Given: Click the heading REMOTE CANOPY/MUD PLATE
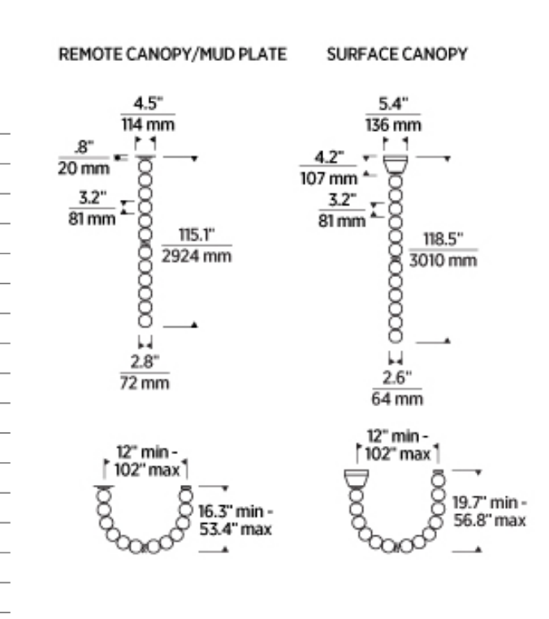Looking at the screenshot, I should [x=172, y=54].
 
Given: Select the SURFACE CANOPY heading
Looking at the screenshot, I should [x=396, y=54].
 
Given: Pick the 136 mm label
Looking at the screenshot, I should [x=395, y=125].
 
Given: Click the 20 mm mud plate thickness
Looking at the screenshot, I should [x=82, y=168].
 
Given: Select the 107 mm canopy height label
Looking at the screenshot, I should [x=328, y=178].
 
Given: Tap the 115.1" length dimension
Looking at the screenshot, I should [x=196, y=235].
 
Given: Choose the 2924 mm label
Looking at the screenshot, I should [x=196, y=256].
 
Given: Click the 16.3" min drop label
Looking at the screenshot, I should [x=236, y=513].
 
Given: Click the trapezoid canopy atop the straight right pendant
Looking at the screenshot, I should [x=396, y=164].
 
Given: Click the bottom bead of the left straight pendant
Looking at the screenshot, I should [x=145, y=332].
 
